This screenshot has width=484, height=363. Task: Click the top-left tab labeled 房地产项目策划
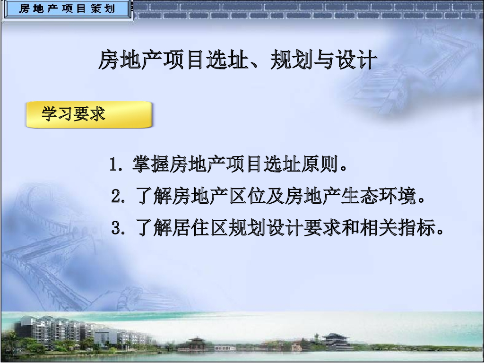pos(67,9)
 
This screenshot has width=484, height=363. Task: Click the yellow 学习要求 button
pos(89,114)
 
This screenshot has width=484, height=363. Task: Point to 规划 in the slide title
pos(290,60)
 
